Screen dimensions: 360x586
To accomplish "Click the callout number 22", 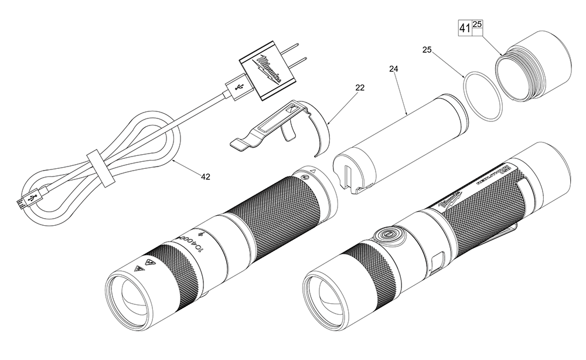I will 359,87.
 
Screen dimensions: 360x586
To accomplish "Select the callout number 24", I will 393,69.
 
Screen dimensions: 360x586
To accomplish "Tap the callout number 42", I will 206,175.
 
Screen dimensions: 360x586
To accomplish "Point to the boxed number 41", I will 464,28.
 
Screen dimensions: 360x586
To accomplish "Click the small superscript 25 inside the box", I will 477,24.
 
